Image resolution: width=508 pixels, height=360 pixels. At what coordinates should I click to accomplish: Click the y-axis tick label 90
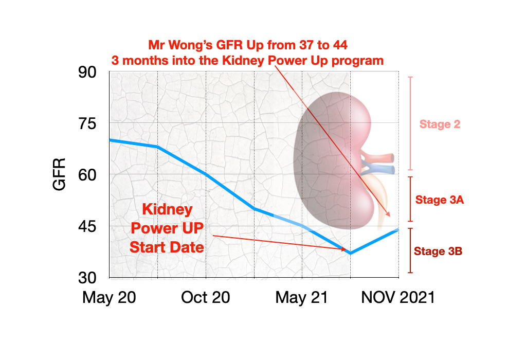click(x=87, y=73)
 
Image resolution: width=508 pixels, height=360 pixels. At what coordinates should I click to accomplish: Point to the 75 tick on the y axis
click(x=87, y=124)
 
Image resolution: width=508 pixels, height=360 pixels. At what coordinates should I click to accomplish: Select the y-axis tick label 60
click(x=87, y=175)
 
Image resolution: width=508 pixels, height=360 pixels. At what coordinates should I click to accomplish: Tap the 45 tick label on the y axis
click(x=87, y=226)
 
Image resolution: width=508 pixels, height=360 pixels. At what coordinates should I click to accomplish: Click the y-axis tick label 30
click(x=87, y=278)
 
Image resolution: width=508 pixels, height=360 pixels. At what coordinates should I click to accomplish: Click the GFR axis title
click(x=60, y=174)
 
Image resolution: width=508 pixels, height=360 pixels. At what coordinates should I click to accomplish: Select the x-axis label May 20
click(x=109, y=298)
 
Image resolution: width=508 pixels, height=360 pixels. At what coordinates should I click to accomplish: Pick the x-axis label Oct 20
click(x=206, y=298)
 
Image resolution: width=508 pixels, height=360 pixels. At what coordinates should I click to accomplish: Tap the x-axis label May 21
click(x=302, y=298)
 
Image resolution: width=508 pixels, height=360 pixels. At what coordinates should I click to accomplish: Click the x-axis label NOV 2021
click(x=398, y=298)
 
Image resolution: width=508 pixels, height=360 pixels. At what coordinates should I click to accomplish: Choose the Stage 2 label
click(x=440, y=124)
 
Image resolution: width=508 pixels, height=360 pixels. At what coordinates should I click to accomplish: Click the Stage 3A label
click(x=440, y=200)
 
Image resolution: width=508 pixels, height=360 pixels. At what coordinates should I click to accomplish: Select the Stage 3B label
click(x=438, y=251)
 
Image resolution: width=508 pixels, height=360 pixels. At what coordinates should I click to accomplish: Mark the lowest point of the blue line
click(x=350, y=253)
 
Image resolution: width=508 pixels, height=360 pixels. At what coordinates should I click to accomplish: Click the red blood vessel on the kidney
click(x=383, y=157)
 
